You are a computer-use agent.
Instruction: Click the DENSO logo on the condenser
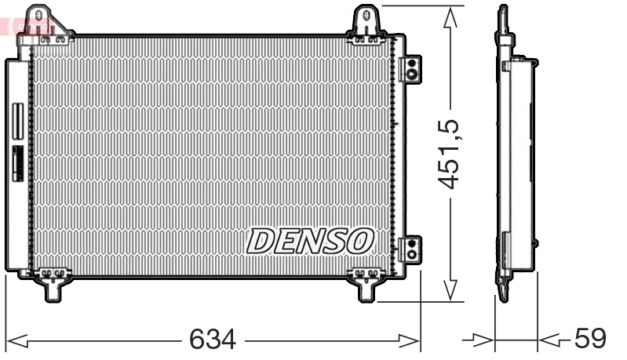311,241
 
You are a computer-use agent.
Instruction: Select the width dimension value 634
212,339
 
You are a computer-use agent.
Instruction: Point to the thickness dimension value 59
590,339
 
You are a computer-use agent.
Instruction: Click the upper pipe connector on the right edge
410,68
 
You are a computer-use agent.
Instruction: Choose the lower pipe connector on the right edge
410,249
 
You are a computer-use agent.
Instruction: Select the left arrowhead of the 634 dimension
17,340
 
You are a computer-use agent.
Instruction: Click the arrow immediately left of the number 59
551,340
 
